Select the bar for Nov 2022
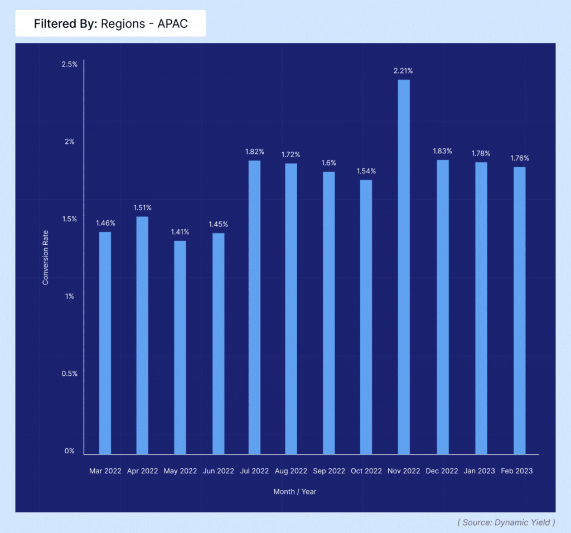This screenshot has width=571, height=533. click(404, 268)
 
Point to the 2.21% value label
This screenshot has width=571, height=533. click(403, 71)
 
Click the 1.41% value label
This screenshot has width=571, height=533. click(180, 232)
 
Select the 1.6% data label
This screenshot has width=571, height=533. click(329, 163)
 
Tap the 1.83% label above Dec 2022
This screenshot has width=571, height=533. click(442, 151)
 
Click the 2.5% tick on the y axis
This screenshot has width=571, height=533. click(69, 65)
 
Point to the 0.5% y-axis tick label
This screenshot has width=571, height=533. click(69, 374)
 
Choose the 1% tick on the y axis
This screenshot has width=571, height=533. click(70, 296)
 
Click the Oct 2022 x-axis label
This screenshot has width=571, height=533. click(366, 471)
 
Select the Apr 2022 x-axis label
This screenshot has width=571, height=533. click(142, 471)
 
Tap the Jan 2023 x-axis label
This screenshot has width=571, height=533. click(479, 471)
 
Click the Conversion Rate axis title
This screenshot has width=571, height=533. click(46, 258)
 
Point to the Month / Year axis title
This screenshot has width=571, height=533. click(295, 492)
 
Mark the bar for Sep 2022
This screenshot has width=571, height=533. click(329, 313)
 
